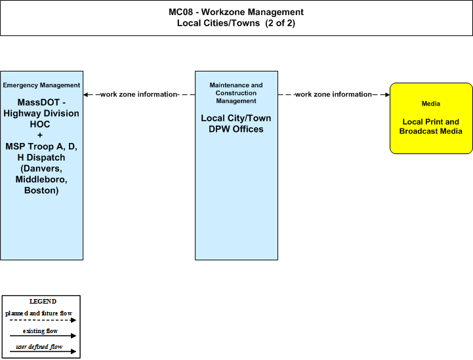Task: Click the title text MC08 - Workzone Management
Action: (x=236, y=12)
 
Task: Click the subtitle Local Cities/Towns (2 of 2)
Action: (x=236, y=23)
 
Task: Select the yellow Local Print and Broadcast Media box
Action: (x=431, y=118)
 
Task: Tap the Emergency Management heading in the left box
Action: (x=41, y=85)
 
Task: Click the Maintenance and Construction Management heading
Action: (x=236, y=93)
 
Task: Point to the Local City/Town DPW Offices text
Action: (x=236, y=124)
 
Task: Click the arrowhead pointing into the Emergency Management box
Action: (x=86, y=94)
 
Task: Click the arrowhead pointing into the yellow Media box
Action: (x=387, y=94)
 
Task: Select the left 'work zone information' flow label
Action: (x=139, y=94)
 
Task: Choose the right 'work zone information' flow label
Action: (x=333, y=94)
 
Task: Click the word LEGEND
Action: (x=43, y=302)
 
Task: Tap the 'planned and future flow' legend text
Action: (x=39, y=313)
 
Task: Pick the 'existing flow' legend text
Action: (x=40, y=331)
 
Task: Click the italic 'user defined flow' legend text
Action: (x=39, y=347)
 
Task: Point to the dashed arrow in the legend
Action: (x=43, y=320)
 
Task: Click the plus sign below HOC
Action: (x=40, y=135)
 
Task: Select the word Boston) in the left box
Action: (x=41, y=191)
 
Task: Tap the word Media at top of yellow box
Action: (x=431, y=104)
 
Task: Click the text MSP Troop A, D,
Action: (x=41, y=146)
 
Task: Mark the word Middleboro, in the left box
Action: (x=41, y=180)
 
